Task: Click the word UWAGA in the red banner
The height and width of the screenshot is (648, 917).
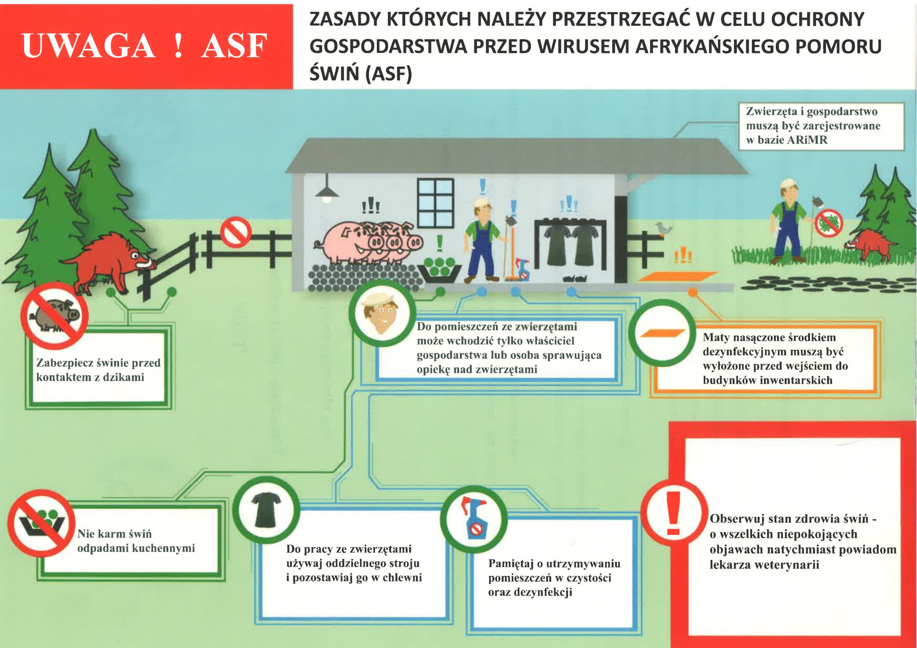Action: [x=88, y=46]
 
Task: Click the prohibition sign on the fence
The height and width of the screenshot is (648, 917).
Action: [x=235, y=232]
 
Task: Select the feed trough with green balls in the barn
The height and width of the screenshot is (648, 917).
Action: [x=439, y=270]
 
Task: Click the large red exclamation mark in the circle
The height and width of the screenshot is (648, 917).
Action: [x=673, y=514]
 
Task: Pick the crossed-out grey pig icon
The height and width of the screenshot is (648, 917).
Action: [x=54, y=316]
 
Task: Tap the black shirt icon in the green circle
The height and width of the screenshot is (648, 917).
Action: [x=267, y=510]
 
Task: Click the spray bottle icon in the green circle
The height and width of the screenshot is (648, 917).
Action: [x=473, y=518]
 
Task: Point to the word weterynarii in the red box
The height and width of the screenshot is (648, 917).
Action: [x=785, y=565]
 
